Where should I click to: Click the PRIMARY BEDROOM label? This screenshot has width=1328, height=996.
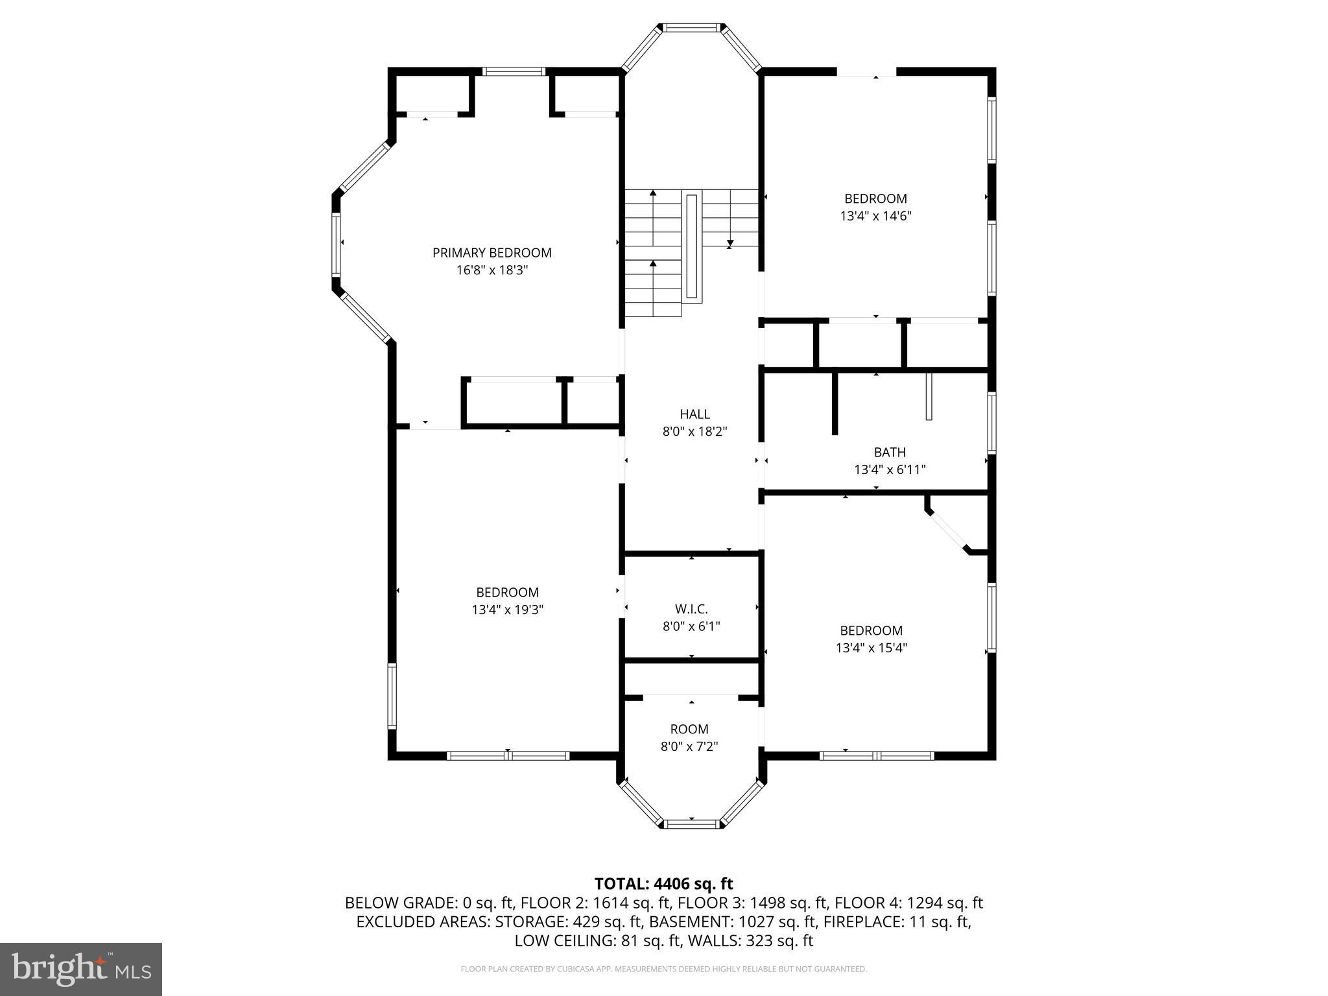pos(492,253)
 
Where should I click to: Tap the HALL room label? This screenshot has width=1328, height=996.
pos(694,414)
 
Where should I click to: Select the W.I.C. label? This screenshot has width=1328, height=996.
pos(691,609)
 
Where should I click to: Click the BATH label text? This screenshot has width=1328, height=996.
pos(889,452)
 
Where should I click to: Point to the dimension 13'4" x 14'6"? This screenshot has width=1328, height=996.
pos(875,216)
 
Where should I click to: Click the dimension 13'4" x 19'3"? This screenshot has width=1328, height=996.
pos(507,610)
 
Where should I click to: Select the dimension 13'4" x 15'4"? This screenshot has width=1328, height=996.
pos(871,648)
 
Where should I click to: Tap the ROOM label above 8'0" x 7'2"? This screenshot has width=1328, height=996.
pos(689,729)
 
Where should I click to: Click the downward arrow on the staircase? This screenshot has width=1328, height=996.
pos(730,244)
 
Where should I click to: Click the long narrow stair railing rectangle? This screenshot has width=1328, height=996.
pos(692,246)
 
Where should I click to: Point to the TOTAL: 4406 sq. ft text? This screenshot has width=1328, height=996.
pos(663,884)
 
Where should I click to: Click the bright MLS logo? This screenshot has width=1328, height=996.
pos(81,969)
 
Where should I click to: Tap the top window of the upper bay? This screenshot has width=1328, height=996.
pos(691,28)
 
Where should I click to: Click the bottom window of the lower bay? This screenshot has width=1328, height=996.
pos(691,824)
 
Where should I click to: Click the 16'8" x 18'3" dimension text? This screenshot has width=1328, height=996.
pos(492,270)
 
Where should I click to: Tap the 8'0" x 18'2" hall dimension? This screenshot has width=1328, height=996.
pos(694,431)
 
